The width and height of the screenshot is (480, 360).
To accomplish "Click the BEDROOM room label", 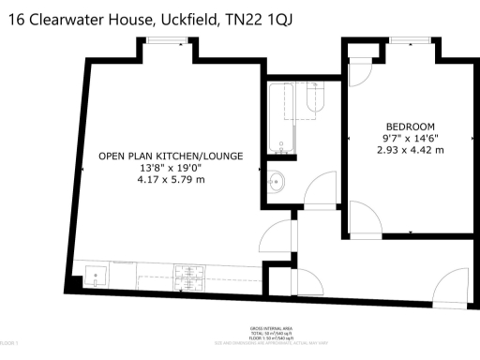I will tap(411, 127).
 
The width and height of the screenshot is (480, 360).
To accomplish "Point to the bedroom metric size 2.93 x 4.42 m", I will tap(411, 149).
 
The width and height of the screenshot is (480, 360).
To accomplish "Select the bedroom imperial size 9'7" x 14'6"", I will tap(411, 138).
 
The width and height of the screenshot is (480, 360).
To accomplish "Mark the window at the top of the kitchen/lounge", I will tap(165, 40).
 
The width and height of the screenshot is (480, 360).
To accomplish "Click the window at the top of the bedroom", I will tap(404, 40).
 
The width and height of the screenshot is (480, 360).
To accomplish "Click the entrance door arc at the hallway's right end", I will tap(451, 286).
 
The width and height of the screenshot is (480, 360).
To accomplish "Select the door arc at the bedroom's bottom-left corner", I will tap(364, 218).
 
